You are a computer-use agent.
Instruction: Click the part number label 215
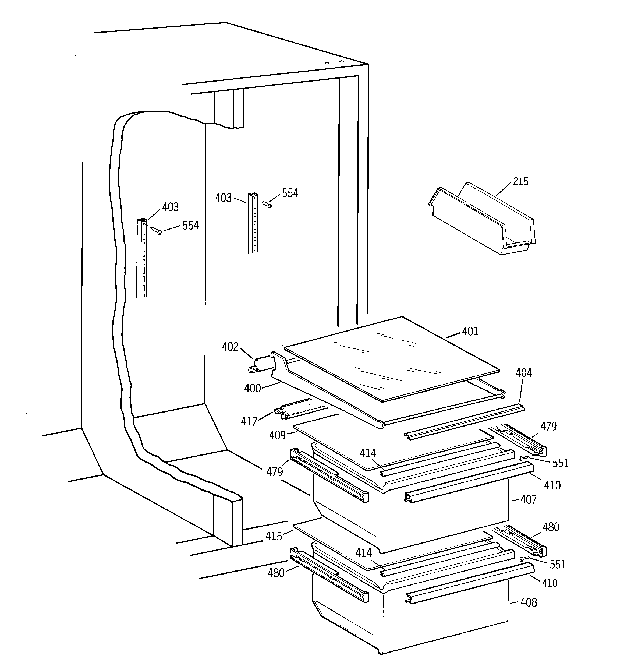coord(520,182)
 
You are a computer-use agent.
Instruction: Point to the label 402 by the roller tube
coord(230,347)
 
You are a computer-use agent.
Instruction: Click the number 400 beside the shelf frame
coord(252,388)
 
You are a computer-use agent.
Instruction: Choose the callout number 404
coord(523,373)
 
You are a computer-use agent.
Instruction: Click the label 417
coord(249,421)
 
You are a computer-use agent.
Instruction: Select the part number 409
coord(277,435)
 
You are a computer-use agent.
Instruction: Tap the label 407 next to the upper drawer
coord(528,500)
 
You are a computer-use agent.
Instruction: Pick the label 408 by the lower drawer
coord(528,603)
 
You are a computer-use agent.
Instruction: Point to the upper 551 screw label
coord(560,463)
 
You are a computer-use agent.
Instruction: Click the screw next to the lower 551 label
coord(523,559)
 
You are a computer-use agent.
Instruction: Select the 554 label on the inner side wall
coord(190,225)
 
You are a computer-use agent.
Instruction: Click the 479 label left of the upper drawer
coord(274,472)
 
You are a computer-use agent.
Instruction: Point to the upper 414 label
coord(368,453)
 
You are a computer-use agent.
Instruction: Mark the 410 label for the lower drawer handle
coord(550,583)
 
